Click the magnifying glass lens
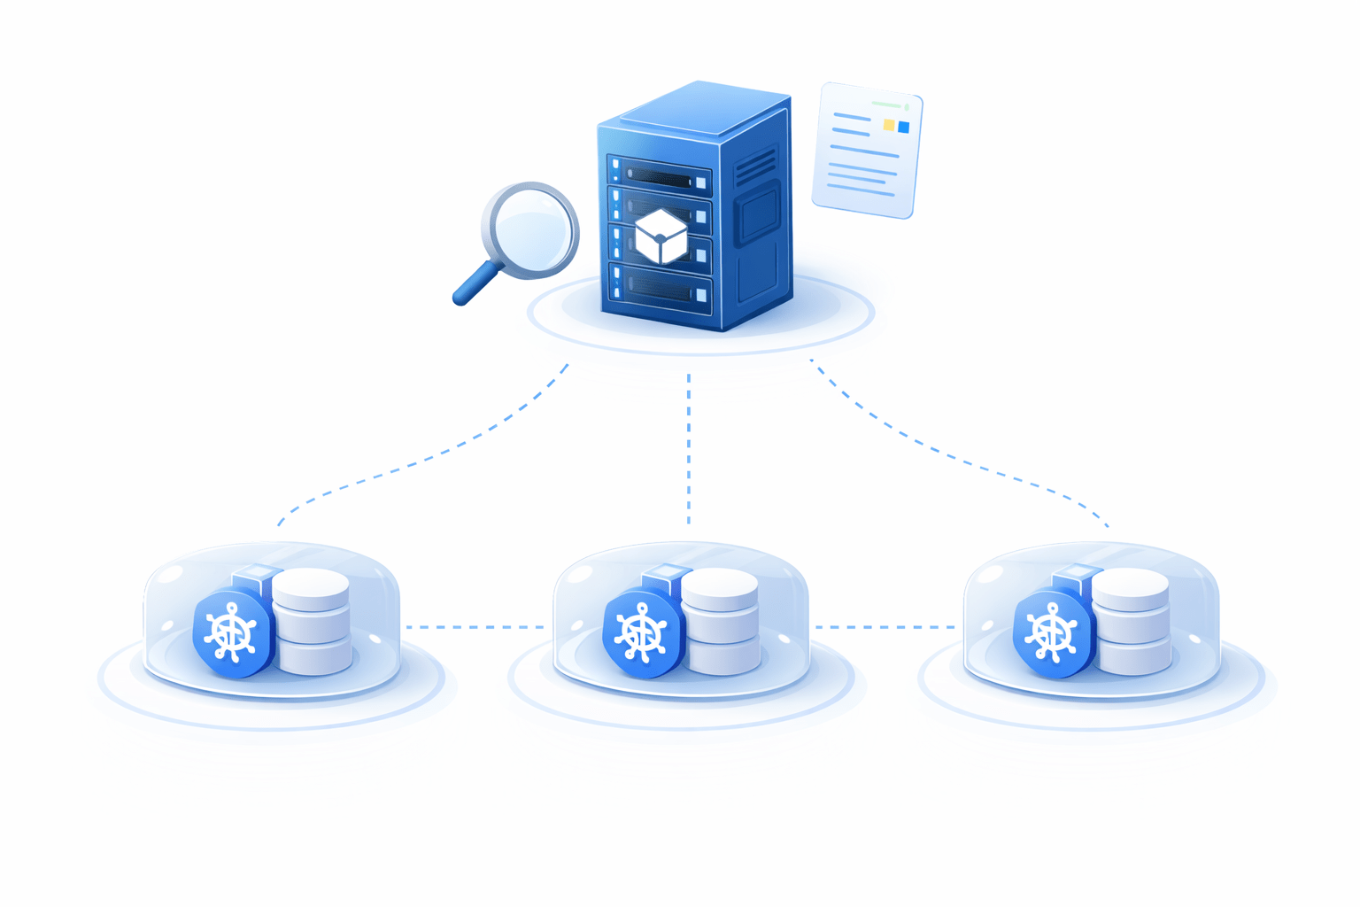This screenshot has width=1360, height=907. pyautogui.click(x=532, y=228)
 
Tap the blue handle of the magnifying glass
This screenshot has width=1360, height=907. pyautogui.click(x=474, y=284)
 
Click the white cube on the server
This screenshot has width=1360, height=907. pyautogui.click(x=661, y=236)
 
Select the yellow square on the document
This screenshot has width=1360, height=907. pyautogui.click(x=889, y=125)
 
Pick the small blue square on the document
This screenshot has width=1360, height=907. pyautogui.click(x=903, y=128)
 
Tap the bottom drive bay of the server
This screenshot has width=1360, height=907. pyautogui.click(x=660, y=288)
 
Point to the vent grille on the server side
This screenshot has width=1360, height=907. pyautogui.click(x=754, y=166)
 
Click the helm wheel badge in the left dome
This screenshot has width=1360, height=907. pyautogui.click(x=231, y=634)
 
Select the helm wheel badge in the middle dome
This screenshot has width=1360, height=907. pyautogui.click(x=641, y=634)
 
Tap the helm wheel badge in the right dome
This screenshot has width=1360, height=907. pyautogui.click(x=1051, y=634)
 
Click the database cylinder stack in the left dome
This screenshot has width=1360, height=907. pyautogui.click(x=312, y=620)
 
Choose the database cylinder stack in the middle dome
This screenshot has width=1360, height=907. pyautogui.click(x=721, y=620)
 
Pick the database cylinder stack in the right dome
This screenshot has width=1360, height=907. pyautogui.click(x=1131, y=620)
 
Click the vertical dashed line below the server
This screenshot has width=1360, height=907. pyautogui.click(x=689, y=447)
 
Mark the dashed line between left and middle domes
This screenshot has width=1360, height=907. pyautogui.click(x=476, y=627)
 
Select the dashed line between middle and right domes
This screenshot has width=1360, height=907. pyautogui.click(x=885, y=627)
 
